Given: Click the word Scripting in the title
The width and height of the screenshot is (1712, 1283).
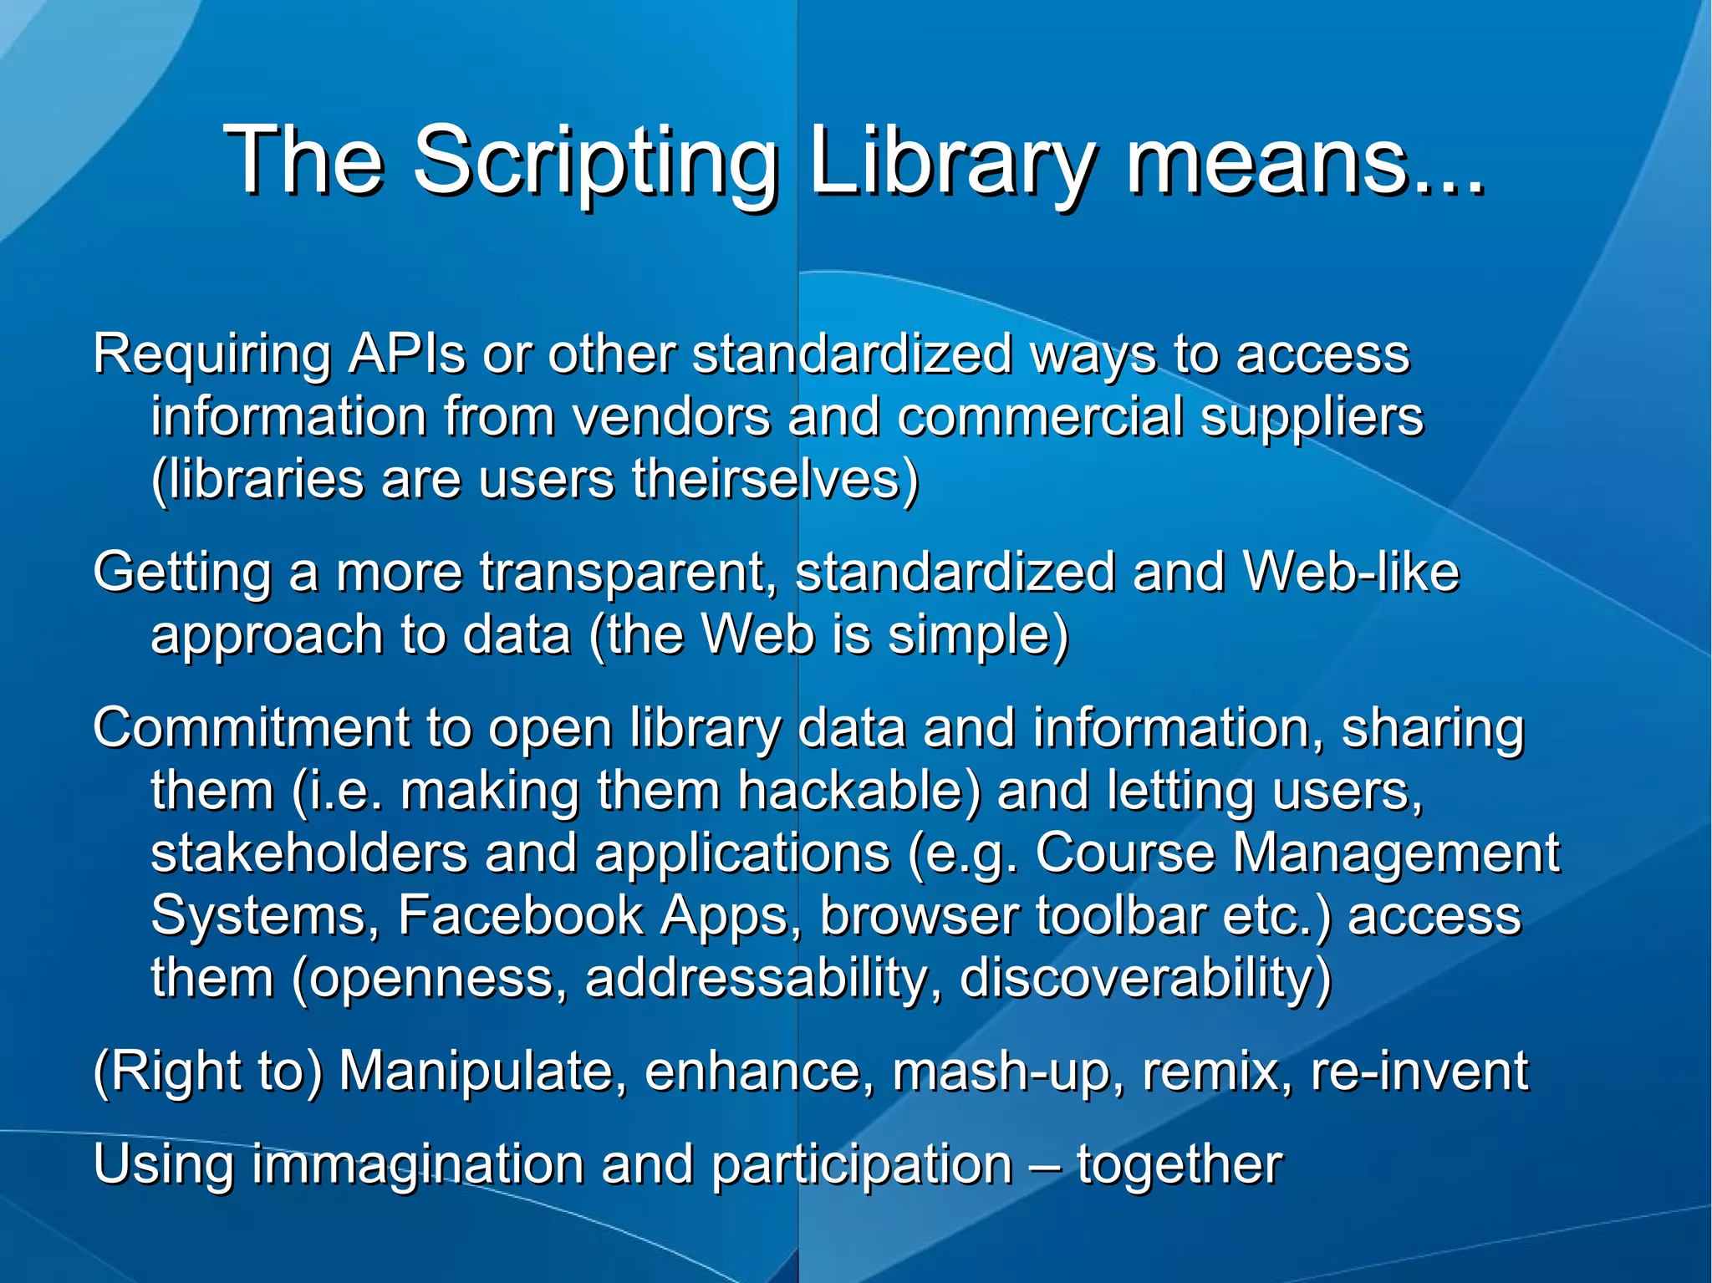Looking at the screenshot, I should coord(595,163).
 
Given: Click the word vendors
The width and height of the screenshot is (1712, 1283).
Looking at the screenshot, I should coord(671,416).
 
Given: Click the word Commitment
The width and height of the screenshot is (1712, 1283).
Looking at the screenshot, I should coord(251,727).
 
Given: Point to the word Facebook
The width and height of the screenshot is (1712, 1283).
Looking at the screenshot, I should coord(521,915).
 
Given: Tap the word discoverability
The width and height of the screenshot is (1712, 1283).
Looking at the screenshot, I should coord(1145,978).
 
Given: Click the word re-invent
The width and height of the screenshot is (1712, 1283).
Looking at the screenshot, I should coord(1419,1071).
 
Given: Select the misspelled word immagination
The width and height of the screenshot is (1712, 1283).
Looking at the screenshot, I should coord(418,1165).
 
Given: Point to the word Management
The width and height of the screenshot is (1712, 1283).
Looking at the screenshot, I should coord(1395,853).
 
